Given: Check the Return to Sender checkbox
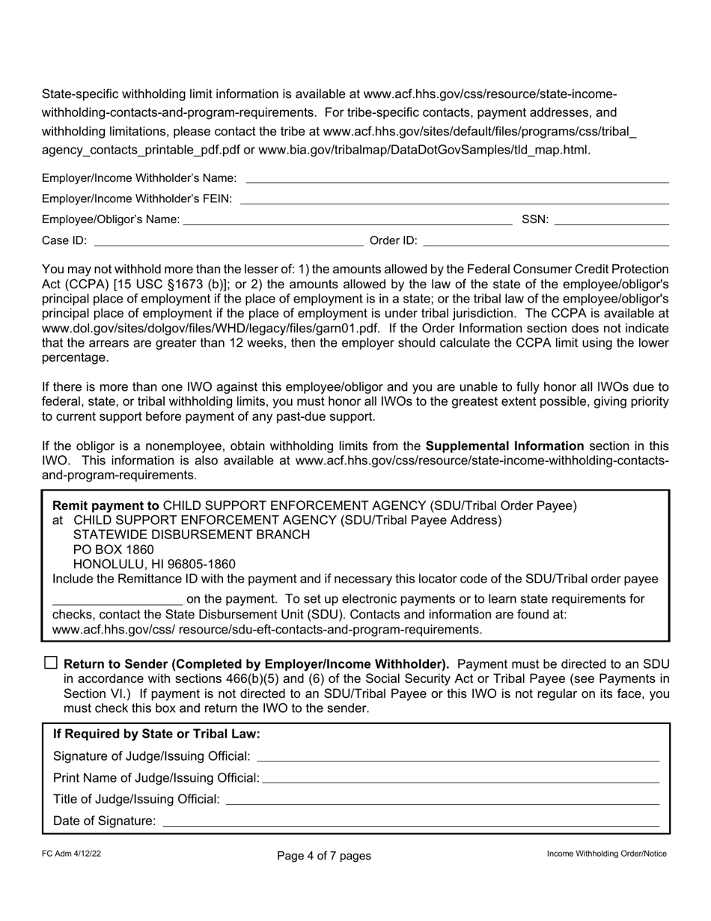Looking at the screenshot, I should [x=51, y=663].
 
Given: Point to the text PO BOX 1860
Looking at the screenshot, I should [x=113, y=550].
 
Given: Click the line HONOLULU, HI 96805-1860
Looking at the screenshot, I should [x=153, y=565].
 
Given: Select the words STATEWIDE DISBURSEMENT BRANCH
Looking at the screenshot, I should [x=191, y=535].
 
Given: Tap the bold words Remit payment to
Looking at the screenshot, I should [x=106, y=505].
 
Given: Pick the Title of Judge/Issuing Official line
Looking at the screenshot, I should [x=442, y=801].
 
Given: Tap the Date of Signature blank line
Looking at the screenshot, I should [x=410, y=823].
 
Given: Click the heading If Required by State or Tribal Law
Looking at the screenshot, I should [x=156, y=734].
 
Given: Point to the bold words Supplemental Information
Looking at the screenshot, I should [x=504, y=446].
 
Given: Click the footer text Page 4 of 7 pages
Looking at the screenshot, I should [x=323, y=855].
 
